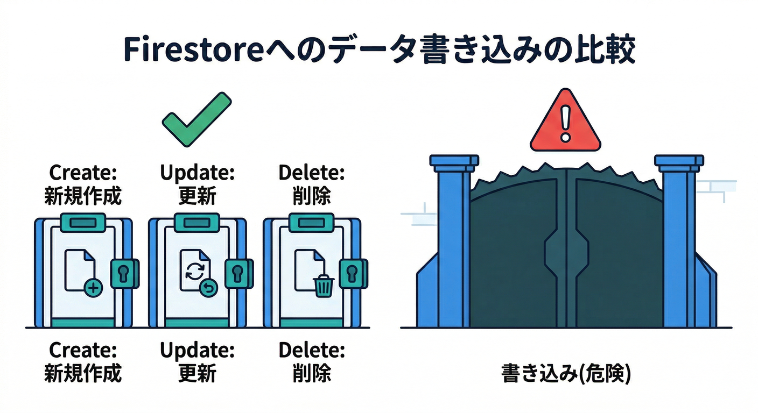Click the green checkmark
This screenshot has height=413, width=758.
click(196, 119)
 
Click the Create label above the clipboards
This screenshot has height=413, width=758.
click(83, 173)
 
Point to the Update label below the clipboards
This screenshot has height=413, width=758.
click(197, 351)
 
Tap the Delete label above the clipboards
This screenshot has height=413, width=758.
click(312, 173)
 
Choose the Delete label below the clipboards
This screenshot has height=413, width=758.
click(312, 351)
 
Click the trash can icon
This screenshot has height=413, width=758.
click(323, 285)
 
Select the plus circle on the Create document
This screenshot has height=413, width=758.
click(94, 289)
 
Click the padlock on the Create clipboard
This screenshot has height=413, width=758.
click(124, 273)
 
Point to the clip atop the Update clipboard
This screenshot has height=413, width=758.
click(197, 222)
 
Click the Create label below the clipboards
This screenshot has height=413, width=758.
click(83, 351)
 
